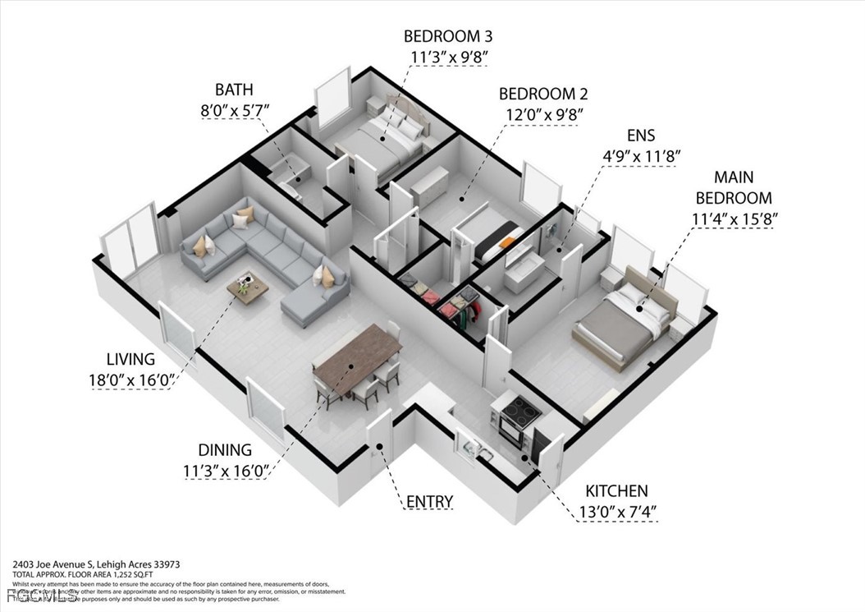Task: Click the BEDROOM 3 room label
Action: point(447,36)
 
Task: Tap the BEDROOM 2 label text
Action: point(542,94)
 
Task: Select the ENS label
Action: point(641,135)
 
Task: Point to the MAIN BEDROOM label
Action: point(734,187)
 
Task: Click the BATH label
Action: point(234,89)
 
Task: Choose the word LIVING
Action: point(130,359)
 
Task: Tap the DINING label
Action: point(224,449)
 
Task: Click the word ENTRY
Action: point(429,501)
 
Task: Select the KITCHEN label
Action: point(616,491)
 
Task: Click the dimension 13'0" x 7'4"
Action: point(616,512)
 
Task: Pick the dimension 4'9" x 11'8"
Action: point(641,155)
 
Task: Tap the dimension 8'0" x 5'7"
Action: point(234,109)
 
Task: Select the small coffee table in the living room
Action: point(248,287)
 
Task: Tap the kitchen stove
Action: point(515,414)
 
